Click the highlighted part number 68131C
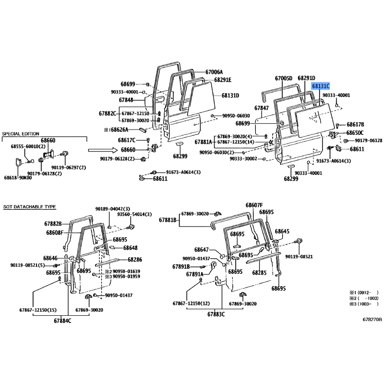(321, 86)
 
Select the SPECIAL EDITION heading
(21, 133)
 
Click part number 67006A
(214, 72)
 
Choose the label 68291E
(222, 80)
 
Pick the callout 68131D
(230, 96)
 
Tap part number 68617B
(355, 124)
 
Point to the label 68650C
(355, 132)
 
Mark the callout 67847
(262, 108)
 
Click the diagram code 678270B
(372, 319)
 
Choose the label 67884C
(62, 320)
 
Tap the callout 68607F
(255, 205)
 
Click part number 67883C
(217, 314)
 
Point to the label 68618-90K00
(18, 178)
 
